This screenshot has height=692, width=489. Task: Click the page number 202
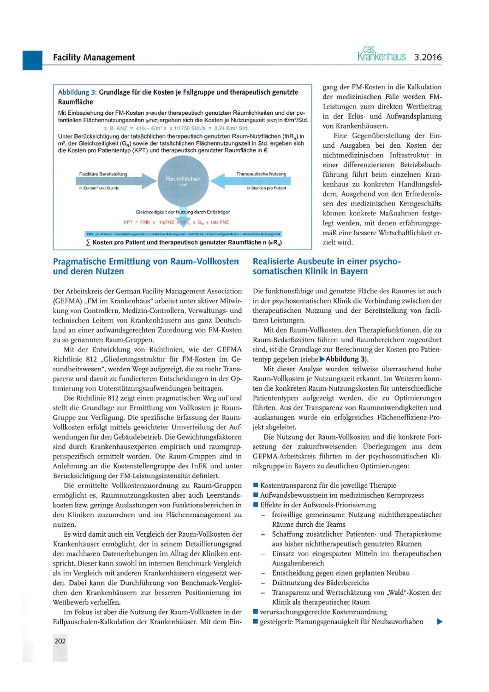click(x=60, y=640)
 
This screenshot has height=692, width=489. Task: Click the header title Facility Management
click(x=94, y=58)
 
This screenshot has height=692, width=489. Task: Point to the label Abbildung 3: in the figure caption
click(x=77, y=92)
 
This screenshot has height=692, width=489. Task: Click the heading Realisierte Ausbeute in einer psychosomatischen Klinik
click(x=327, y=266)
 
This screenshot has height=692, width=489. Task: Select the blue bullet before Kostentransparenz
click(x=256, y=485)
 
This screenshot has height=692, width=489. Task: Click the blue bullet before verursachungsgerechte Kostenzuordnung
click(x=256, y=612)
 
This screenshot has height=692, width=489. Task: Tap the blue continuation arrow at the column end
click(x=439, y=621)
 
